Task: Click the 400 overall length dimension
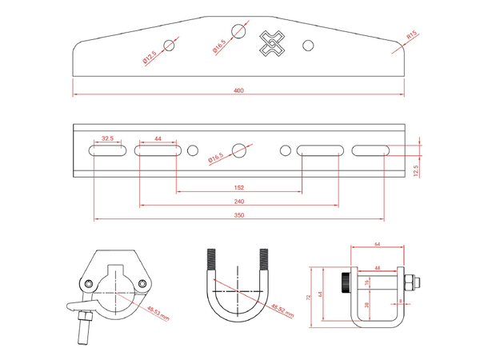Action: [x=238, y=90]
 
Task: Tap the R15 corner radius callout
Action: [x=410, y=36]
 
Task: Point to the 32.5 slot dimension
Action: [x=107, y=139]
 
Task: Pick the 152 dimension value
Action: [x=239, y=188]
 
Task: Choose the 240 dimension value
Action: [x=239, y=202]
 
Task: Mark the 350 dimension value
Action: [x=239, y=215]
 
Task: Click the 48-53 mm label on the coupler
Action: [x=159, y=312]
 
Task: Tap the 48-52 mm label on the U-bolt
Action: [x=283, y=310]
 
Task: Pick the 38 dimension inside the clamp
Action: [x=367, y=305]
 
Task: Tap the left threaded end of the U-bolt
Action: [x=212, y=262]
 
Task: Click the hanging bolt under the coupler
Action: [x=82, y=330]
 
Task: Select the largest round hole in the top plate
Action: [x=238, y=31]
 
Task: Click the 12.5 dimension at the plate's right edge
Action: [x=416, y=170]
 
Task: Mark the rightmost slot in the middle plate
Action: [x=370, y=150]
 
